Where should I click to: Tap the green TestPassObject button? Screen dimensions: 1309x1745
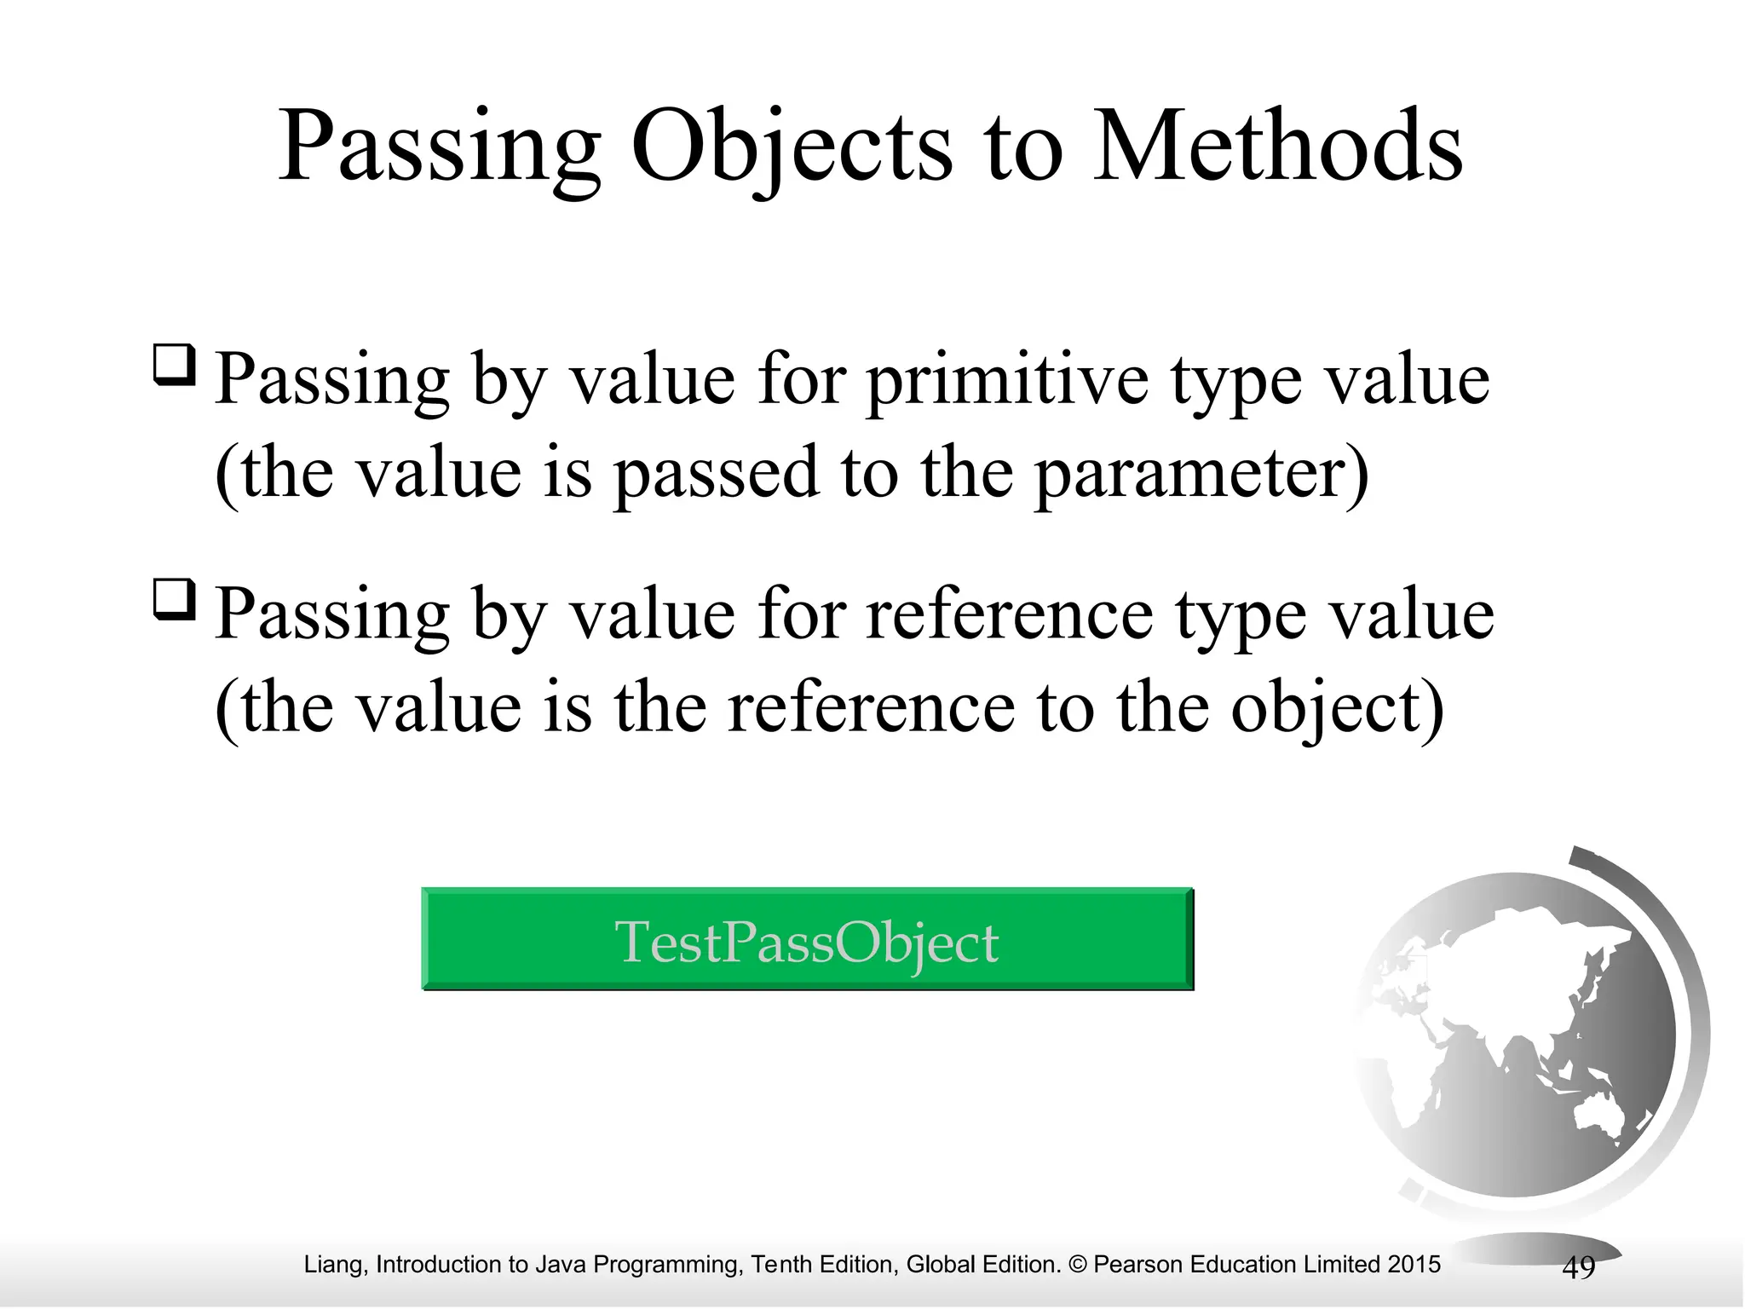(807, 939)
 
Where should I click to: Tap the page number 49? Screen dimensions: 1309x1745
(1578, 1267)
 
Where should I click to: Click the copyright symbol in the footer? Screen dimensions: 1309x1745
(1077, 1264)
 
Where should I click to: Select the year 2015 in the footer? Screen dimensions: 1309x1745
(1414, 1264)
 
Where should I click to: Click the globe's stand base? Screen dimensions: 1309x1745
(1534, 1248)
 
